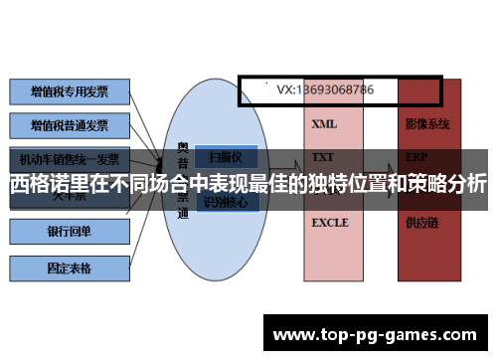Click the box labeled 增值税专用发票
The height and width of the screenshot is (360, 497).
70,91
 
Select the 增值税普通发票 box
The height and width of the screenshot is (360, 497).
70,126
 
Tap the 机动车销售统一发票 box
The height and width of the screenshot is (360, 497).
70,158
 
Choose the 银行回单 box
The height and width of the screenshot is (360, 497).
70,233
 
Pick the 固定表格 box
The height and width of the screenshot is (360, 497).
70,268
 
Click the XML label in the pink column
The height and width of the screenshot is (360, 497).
324,125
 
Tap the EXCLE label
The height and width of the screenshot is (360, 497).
330,223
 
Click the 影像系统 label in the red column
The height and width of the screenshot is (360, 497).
427,125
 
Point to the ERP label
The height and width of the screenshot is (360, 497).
416,158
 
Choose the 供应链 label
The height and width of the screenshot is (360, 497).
421,223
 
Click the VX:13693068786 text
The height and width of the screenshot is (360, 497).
325,90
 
